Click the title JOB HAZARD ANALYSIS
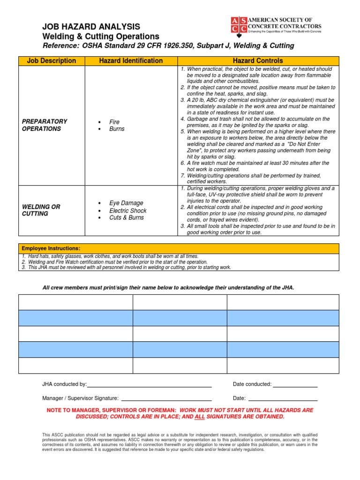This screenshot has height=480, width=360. click(91, 27)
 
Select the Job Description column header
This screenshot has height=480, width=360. click(52, 60)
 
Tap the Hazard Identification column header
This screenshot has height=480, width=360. click(131, 60)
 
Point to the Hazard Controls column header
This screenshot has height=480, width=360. click(258, 60)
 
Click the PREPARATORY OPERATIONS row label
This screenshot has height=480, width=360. click(45, 125)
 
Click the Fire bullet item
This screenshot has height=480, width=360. click(114, 122)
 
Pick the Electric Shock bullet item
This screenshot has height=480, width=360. click(128, 210)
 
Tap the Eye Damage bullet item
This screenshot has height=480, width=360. click(127, 203)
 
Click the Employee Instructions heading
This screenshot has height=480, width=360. click(51, 248)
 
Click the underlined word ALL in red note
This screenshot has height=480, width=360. click(200, 417)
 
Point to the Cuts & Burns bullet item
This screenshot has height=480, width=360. click(127, 217)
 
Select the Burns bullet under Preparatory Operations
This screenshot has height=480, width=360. click(117, 129)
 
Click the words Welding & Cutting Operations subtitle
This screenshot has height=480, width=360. click(101, 37)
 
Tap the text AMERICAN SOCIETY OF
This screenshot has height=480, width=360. click(280, 20)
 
